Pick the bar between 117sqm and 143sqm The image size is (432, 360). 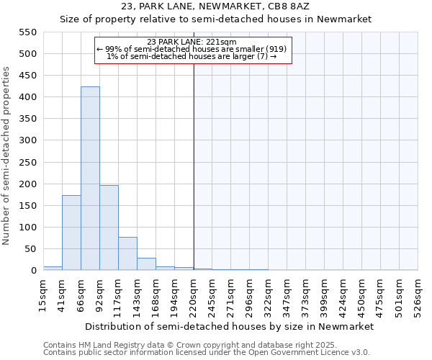pyautogui.click(x=127, y=253)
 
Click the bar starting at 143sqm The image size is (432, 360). pyautogui.click(x=146, y=264)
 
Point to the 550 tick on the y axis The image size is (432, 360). pyautogui.click(x=27, y=32)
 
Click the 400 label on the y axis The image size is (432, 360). pyautogui.click(x=27, y=97)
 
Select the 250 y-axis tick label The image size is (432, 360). pyautogui.click(x=27, y=162)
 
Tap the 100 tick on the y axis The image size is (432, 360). pyautogui.click(x=27, y=228)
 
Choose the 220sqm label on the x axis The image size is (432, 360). pyautogui.click(x=194, y=295)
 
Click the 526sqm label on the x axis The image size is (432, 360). pyautogui.click(x=418, y=295)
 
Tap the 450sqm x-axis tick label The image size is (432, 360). pyautogui.click(x=362, y=295)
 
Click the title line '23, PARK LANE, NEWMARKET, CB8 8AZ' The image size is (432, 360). pyautogui.click(x=215, y=6)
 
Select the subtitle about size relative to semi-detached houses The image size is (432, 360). pyautogui.click(x=215, y=19)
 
